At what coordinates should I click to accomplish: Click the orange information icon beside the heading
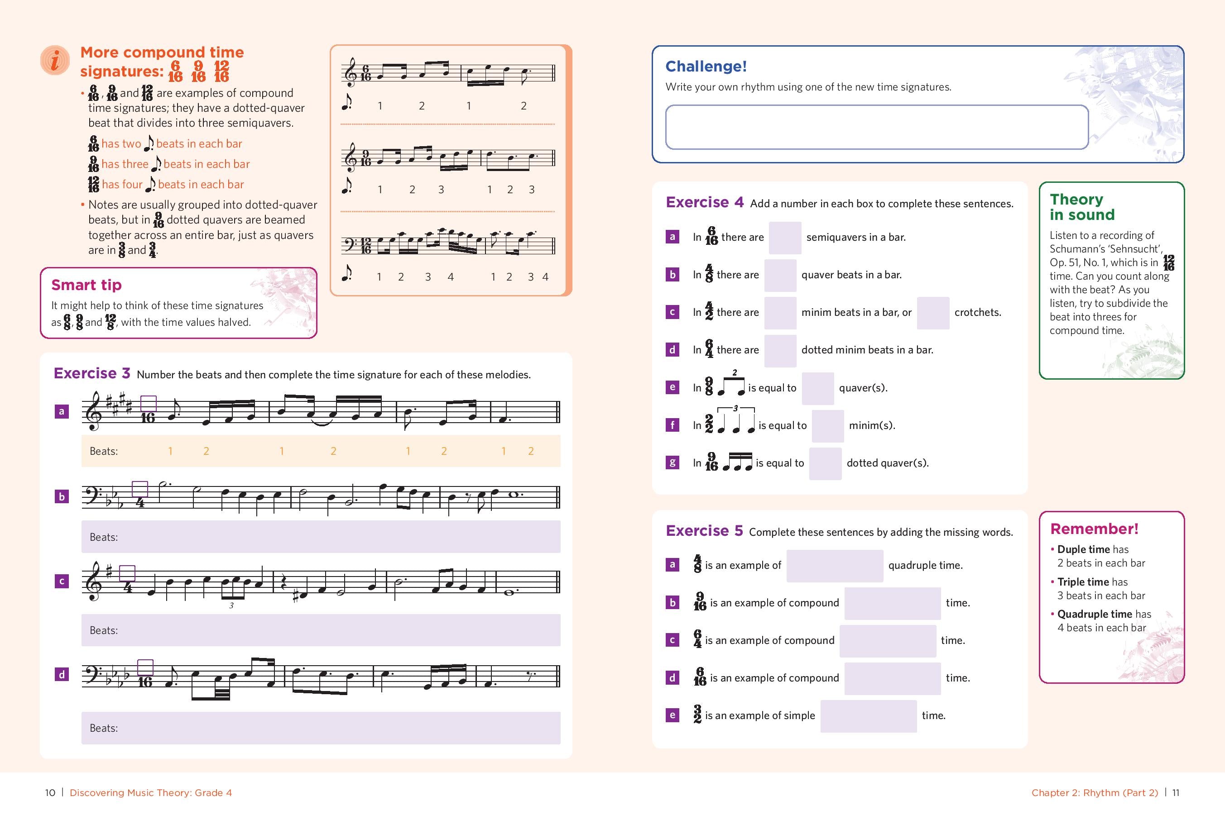[55, 60]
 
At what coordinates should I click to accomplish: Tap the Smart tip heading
[86, 285]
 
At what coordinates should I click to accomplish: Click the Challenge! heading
[706, 67]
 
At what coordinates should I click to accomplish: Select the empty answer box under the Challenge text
[876, 127]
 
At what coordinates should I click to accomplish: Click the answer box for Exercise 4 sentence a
[784, 238]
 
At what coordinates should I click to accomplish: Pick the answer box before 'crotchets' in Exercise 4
[932, 312]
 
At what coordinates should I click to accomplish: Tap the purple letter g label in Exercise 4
[672, 462]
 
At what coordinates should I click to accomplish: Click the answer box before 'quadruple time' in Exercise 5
[834, 566]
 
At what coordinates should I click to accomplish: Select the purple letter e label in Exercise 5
[672, 715]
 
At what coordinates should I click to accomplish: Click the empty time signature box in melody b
[140, 489]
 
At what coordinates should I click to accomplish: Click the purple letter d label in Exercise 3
[62, 675]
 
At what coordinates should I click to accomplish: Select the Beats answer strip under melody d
[321, 728]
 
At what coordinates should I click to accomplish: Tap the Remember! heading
[1094, 529]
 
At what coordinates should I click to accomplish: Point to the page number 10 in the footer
[50, 793]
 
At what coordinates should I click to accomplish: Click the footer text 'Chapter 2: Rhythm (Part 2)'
[1095, 793]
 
